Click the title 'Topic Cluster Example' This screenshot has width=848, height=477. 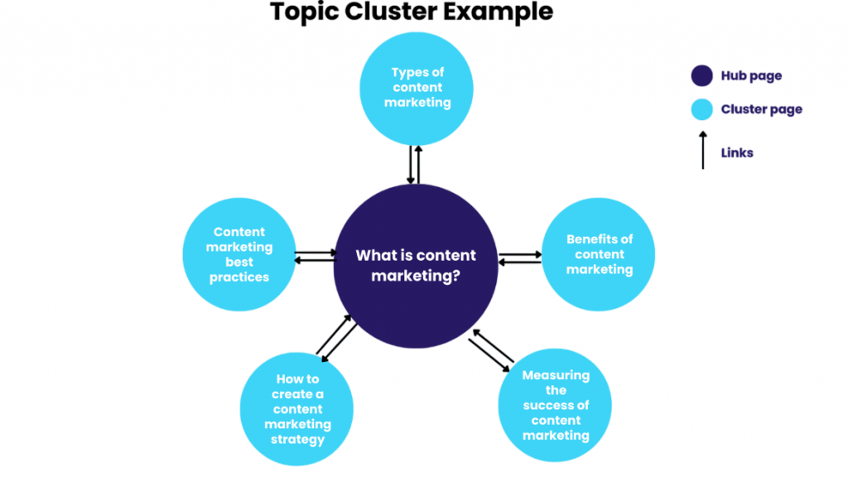coord(411,12)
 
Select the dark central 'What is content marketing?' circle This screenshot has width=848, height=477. coord(416,265)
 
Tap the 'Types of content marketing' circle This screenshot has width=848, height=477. coord(417,88)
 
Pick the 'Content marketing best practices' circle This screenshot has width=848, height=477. coord(239,254)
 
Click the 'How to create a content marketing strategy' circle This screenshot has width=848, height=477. coord(296,409)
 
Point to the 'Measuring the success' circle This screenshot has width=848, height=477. coord(555,405)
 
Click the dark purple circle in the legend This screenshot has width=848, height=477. coord(702,76)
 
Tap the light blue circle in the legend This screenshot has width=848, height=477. coord(702,109)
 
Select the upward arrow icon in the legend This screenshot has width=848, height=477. coord(702,150)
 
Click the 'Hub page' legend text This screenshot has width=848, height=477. coord(751,76)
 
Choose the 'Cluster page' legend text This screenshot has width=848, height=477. coord(761,109)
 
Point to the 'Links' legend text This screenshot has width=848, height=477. coord(737,153)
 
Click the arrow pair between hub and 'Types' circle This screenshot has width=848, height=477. coord(415,165)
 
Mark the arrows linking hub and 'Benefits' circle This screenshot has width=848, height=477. coord(520,258)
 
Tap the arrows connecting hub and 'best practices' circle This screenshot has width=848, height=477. coord(316,257)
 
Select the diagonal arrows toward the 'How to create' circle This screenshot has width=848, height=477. coord(337,337)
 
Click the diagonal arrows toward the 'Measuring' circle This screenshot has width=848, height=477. coord(491,350)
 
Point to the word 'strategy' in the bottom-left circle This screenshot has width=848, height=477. coord(297,439)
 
